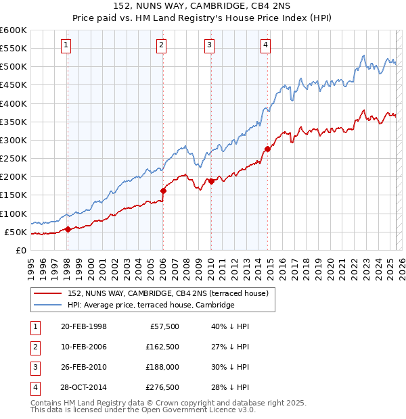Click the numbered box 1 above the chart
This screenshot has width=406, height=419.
(x=66, y=45)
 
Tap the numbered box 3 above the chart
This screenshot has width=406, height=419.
(x=209, y=45)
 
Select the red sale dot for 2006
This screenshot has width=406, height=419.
(x=163, y=191)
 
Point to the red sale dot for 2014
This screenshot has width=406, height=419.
(x=267, y=149)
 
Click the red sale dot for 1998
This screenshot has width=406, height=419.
(x=68, y=229)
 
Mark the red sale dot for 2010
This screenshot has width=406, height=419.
(x=211, y=181)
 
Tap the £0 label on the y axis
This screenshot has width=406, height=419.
(x=21, y=251)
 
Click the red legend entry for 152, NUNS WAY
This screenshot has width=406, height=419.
(x=168, y=293)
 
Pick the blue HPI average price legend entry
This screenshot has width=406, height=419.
(x=151, y=305)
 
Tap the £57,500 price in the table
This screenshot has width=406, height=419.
(x=164, y=326)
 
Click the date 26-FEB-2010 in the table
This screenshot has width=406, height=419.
(x=84, y=367)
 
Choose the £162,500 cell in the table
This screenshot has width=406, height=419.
(x=162, y=347)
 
